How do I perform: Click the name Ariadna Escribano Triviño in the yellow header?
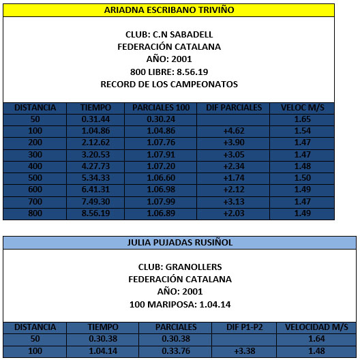tap(168, 10)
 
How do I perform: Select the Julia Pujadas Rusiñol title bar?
tap(179, 242)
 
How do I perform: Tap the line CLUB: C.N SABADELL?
tap(168, 35)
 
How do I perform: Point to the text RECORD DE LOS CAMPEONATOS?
tap(168, 84)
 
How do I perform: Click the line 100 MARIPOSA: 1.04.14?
tap(179, 303)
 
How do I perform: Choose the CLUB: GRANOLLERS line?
tap(179, 267)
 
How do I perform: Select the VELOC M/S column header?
tap(301, 108)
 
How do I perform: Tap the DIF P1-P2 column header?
tap(243, 327)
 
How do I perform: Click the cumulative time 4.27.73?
tap(95, 166)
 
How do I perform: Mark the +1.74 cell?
tap(233, 177)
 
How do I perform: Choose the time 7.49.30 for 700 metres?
tap(95, 202)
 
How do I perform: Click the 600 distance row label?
tap(35, 190)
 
